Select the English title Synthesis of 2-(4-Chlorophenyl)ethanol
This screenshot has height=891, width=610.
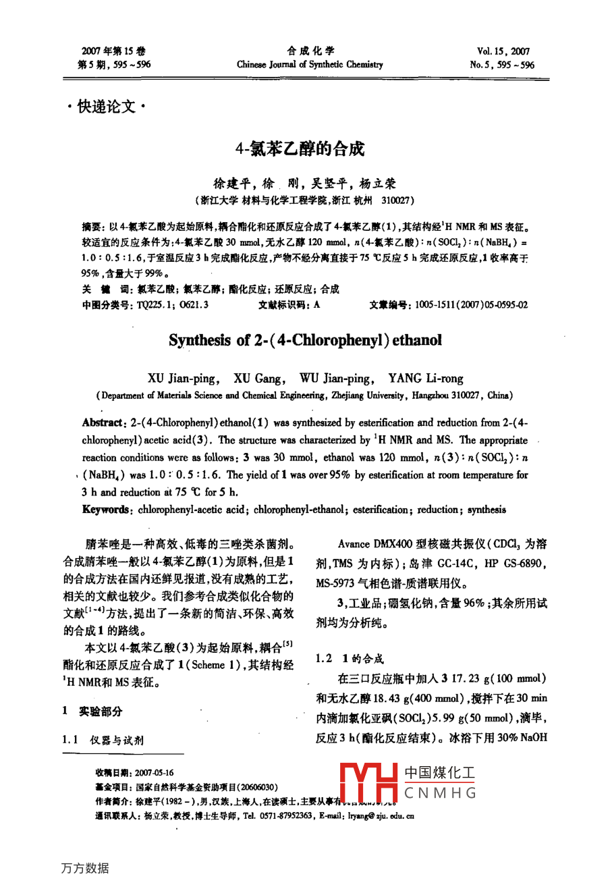pyautogui.click(x=305, y=340)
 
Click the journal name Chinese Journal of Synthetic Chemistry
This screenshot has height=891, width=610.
pyautogui.click(x=310, y=65)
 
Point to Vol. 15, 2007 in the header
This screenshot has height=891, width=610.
pyautogui.click(x=503, y=51)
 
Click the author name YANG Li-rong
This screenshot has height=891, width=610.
pyautogui.click(x=426, y=379)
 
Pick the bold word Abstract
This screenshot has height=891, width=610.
pyautogui.click(x=102, y=423)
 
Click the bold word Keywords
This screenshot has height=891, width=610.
pyautogui.click(x=105, y=510)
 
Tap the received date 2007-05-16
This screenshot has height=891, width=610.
pyautogui.click(x=154, y=773)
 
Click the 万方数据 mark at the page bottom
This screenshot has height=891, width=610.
pyautogui.click(x=85, y=868)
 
